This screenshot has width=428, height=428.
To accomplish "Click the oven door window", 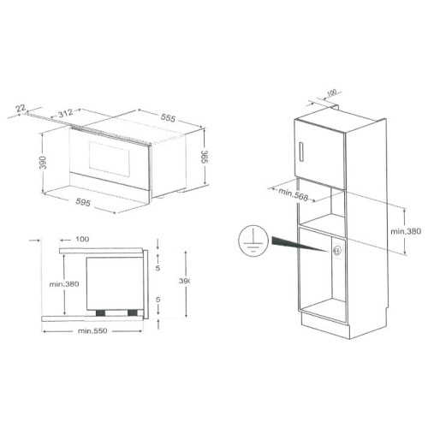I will [103, 158].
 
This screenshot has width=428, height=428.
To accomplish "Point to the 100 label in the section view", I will [82, 240].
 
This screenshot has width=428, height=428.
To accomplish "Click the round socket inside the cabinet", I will [337, 250].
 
